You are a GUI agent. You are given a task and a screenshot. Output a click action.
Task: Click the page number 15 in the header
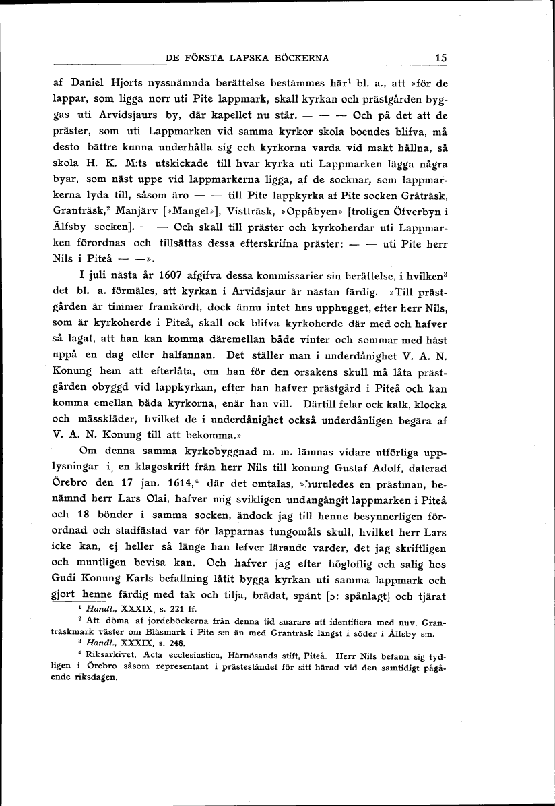(441, 58)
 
